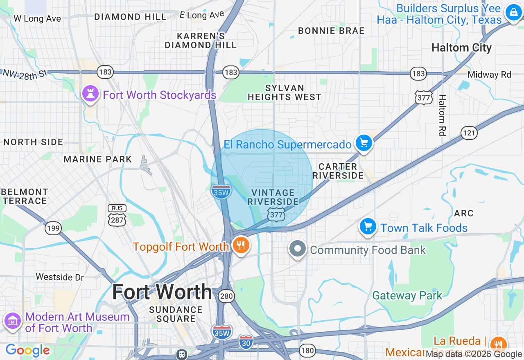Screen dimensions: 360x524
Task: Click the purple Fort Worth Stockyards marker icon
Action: click(91, 94)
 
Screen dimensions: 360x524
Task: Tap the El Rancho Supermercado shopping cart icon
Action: click(364, 143)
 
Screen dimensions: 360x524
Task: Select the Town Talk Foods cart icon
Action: click(368, 227)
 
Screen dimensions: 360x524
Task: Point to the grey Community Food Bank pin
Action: click(298, 249)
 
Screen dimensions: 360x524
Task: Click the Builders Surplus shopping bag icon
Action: click(513, 12)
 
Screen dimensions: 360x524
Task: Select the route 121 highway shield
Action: click(469, 133)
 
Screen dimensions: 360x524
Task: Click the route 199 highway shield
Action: click(53, 228)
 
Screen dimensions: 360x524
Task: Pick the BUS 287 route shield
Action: click(117, 216)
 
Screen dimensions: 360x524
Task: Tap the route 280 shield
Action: click(226, 296)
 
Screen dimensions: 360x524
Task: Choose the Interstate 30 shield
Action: click(246, 341)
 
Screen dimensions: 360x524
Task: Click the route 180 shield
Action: click(307, 350)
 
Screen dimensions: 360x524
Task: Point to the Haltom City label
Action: click(461, 48)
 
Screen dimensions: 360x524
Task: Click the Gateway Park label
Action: click(407, 296)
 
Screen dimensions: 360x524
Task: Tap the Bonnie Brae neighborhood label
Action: click(331, 31)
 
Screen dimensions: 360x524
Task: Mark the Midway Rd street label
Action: click(489, 74)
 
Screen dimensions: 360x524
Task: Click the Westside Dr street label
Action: click(60, 277)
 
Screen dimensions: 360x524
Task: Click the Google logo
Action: click(27, 350)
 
